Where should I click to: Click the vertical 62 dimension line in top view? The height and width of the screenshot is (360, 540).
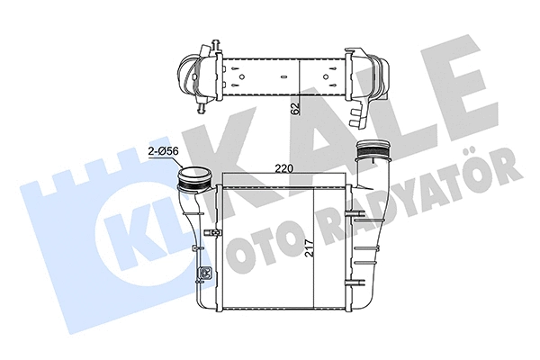coord(300,90)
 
